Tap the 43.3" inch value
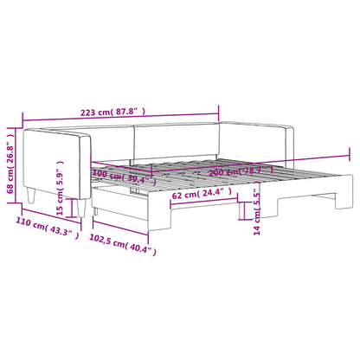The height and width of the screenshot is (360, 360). [x=65, y=235]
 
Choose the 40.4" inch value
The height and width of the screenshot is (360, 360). [x=144, y=251]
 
